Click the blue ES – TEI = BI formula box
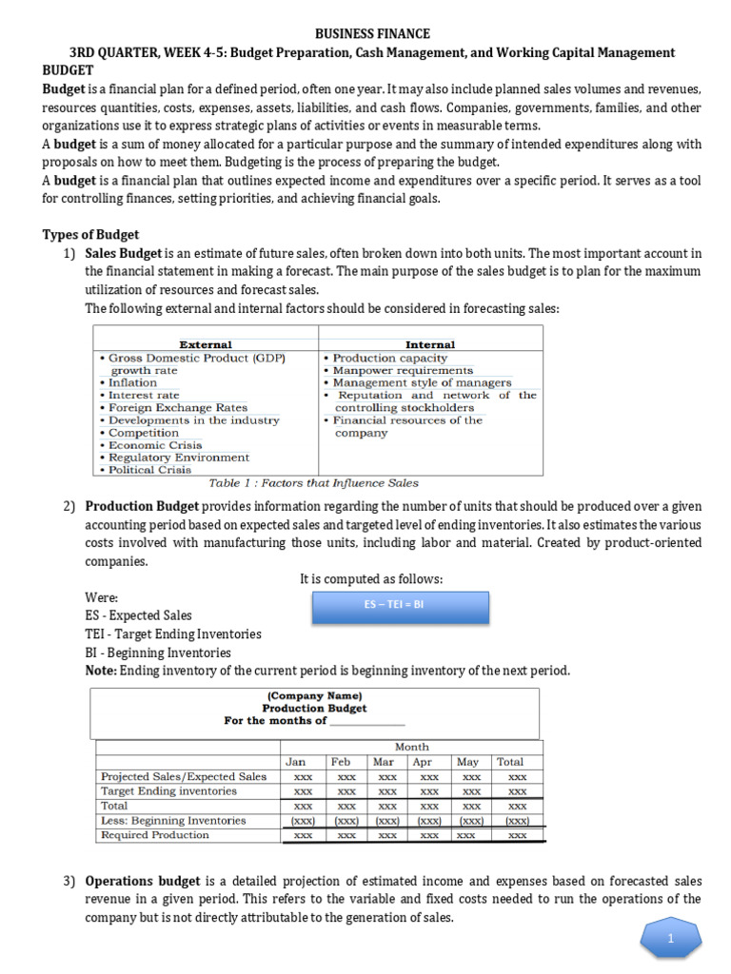(401, 605)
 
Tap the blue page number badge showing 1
(670, 940)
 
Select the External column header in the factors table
(206, 344)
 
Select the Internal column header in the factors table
(430, 344)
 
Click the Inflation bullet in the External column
(132, 382)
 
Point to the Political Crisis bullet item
(151, 470)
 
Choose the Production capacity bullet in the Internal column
(388, 358)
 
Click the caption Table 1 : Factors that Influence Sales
(313, 483)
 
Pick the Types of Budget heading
(90, 234)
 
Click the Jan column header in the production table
(296, 762)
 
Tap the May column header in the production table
(467, 762)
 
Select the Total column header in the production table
(509, 762)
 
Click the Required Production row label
(154, 835)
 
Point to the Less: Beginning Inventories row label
(172, 821)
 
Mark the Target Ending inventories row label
(168, 791)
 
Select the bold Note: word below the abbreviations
(101, 671)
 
